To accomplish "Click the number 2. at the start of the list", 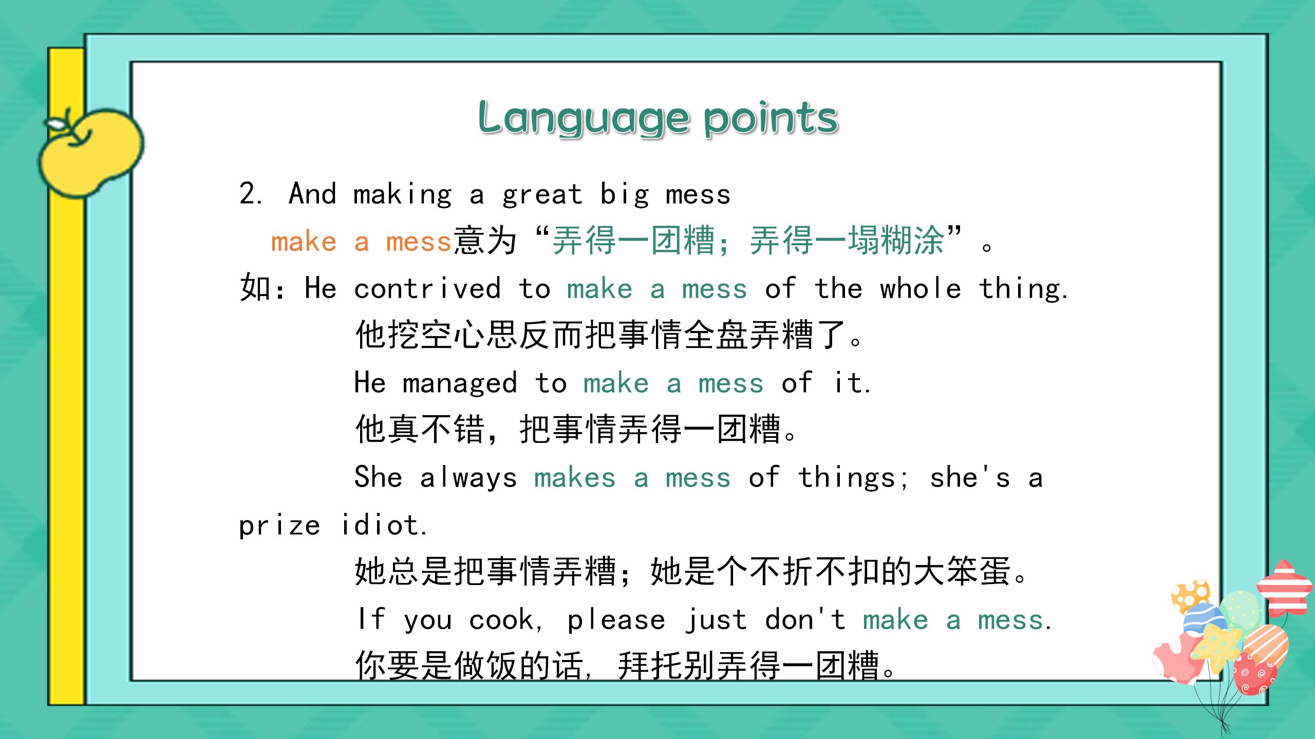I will [251, 195].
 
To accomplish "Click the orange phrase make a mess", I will [361, 242].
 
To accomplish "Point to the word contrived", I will [427, 288].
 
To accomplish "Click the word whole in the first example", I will [920, 288].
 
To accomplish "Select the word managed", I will [460, 383].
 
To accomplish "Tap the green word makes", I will [574, 478].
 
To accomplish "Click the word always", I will [468, 478].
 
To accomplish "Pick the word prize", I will [279, 525].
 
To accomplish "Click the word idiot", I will [382, 525].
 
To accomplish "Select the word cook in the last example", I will [501, 619].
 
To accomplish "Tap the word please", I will [616, 619].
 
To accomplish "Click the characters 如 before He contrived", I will [255, 287].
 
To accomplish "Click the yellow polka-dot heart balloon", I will [1191, 596].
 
